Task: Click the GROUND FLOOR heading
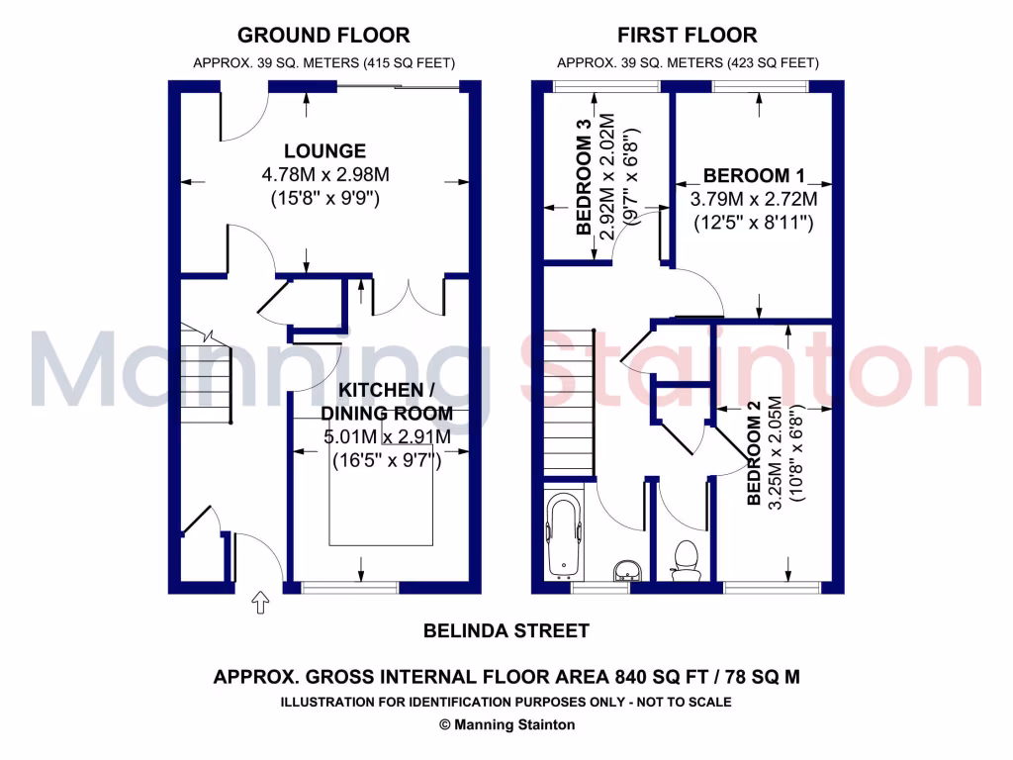coord(323,36)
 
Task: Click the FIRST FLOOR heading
coord(688,36)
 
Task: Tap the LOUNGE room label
coord(324,151)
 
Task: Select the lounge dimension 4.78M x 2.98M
coord(324,175)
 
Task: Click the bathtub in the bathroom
coord(564,537)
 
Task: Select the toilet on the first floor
coord(685,559)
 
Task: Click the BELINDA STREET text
coord(506,630)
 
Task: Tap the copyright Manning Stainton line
coord(506,724)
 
